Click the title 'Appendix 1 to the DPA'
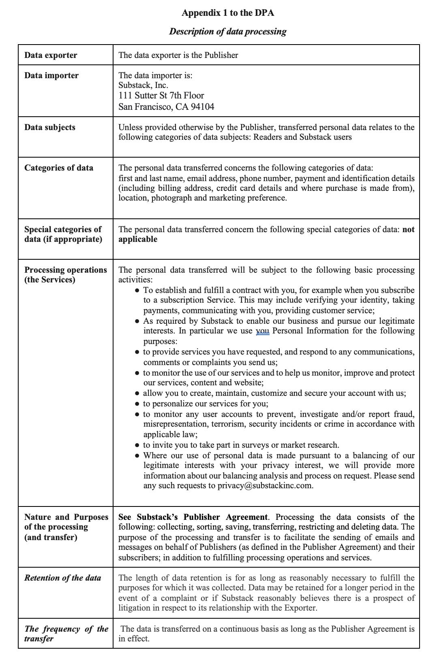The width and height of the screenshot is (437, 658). pyautogui.click(x=227, y=13)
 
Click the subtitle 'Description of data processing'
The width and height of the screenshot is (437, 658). pyautogui.click(x=227, y=32)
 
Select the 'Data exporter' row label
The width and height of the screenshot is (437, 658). pyautogui.click(x=51, y=56)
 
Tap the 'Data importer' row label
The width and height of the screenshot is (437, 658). pyautogui.click(x=51, y=76)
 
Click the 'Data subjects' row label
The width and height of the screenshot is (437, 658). pyautogui.click(x=50, y=128)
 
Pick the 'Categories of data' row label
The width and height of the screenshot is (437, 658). pyautogui.click(x=59, y=168)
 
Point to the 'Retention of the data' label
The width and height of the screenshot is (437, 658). pyautogui.click(x=62, y=578)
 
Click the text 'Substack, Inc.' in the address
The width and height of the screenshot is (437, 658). pyautogui.click(x=143, y=85)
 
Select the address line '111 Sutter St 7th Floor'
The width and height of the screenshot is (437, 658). pyautogui.click(x=161, y=96)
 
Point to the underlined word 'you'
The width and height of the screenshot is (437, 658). pyautogui.click(x=263, y=331)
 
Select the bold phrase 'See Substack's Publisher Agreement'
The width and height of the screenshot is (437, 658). pyautogui.click(x=193, y=517)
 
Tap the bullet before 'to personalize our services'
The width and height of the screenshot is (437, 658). pyautogui.click(x=138, y=404)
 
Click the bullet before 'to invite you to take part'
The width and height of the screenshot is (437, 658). pyautogui.click(x=138, y=445)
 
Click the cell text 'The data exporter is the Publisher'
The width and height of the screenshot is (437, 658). pyautogui.click(x=178, y=56)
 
